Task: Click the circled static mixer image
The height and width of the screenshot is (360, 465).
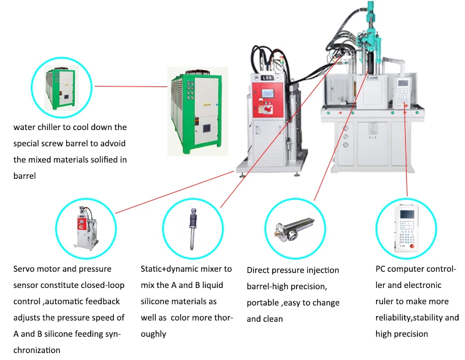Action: (x=192, y=228)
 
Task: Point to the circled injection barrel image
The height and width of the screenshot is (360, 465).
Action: (x=294, y=228)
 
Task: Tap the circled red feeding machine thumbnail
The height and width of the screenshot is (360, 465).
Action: (x=85, y=228)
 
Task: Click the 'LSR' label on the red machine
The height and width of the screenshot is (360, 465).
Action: (x=267, y=77)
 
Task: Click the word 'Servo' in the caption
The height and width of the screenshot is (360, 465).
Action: (x=24, y=269)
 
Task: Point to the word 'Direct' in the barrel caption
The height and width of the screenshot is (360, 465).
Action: (x=259, y=271)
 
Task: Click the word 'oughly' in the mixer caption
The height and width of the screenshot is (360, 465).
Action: (x=153, y=334)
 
